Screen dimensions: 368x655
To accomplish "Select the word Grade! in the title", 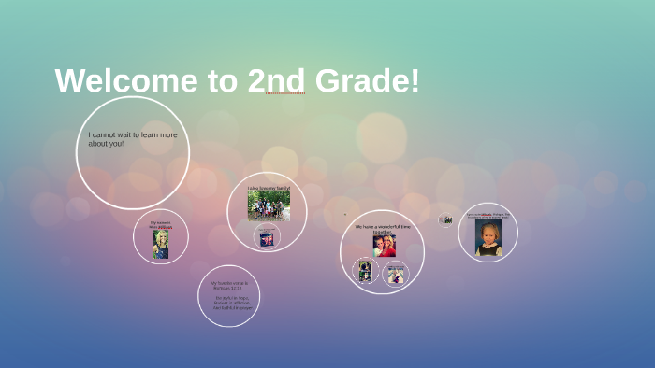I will (368, 81).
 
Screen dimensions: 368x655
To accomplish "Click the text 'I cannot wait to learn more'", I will (133, 134).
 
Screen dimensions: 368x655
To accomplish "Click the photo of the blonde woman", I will (161, 245).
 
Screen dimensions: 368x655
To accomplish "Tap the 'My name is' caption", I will (160, 222).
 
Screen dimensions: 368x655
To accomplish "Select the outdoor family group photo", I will (269, 206).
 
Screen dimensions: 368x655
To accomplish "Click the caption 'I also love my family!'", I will (269, 189).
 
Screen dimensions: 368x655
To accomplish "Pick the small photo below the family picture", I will (267, 238).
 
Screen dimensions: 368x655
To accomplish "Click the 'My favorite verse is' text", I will (229, 284).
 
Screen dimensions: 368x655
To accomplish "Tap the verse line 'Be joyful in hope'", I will (228, 298).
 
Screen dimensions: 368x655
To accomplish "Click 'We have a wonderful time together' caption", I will (384, 229).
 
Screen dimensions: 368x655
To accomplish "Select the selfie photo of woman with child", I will (384, 246).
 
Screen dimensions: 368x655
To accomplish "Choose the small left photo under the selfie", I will (366, 272).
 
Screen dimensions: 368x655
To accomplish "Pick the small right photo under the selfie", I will (397, 274).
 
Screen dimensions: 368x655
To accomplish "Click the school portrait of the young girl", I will (488, 237).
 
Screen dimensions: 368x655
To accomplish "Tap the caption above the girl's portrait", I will (488, 215).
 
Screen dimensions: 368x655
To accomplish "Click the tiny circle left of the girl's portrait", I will (446, 219).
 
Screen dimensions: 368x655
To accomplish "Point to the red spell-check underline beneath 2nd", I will (284, 94).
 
